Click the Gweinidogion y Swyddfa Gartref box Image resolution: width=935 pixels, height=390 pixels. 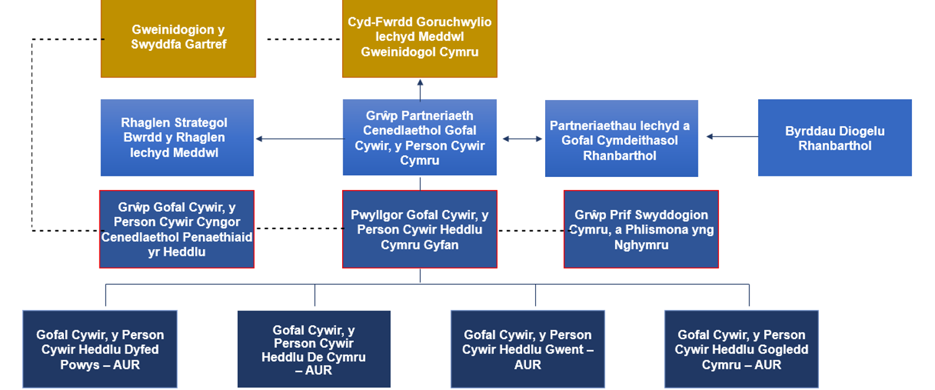tap(178, 39)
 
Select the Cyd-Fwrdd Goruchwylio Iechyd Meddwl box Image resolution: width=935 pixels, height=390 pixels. tap(420, 39)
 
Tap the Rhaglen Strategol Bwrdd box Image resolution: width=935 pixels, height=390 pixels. tap(177, 137)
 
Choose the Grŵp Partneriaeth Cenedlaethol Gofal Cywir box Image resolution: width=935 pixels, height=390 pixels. tap(420, 137)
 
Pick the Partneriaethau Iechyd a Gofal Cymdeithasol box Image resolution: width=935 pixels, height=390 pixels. tap(621, 138)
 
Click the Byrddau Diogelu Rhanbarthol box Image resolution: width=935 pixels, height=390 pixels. tap(835, 137)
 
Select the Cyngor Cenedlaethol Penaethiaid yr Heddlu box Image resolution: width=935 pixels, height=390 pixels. tap(176, 229)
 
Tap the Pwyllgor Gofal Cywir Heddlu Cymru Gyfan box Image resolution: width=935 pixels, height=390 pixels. tap(420, 229)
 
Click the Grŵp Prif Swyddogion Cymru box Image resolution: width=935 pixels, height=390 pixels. tap(641, 229)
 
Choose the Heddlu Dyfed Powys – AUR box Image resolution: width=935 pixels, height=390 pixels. tap(100, 349)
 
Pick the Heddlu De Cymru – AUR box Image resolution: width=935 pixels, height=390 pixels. tap(314, 349)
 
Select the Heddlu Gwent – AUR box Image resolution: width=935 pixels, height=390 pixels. tap(528, 349)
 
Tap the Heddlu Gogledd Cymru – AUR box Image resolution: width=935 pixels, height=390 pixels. tap(741, 349)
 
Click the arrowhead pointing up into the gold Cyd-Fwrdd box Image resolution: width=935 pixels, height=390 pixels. tap(420, 83)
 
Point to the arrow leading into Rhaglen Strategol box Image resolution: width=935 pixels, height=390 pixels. tap(300, 138)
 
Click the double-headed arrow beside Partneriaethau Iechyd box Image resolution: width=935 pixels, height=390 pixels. tap(522, 138)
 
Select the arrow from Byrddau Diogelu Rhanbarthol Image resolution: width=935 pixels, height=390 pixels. tap(732, 136)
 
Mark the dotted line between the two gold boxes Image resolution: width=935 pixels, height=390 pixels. tap(304, 39)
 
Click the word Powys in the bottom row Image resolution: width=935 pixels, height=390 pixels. tap(79, 365)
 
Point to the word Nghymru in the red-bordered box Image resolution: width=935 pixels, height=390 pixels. tap(641, 245)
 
